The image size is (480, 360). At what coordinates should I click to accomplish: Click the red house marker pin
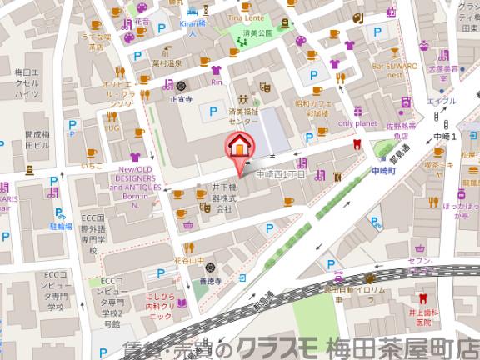click(x=238, y=145)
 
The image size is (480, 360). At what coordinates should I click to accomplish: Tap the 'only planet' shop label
click(x=358, y=122)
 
